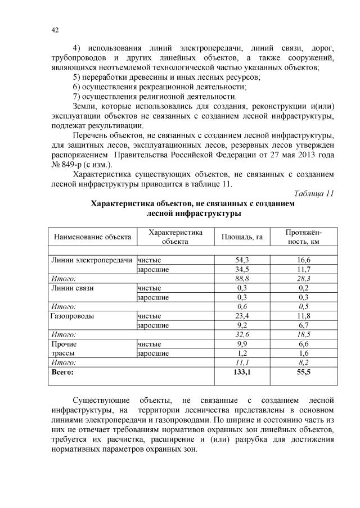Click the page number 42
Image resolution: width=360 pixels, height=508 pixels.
coord(55,30)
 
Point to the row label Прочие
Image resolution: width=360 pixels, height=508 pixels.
coord(64,344)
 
